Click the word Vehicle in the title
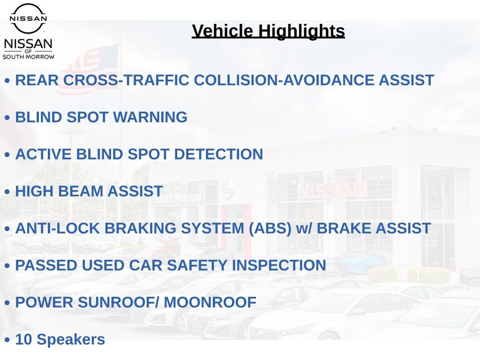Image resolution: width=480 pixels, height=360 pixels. (x=223, y=31)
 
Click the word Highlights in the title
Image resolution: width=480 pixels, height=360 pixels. (x=301, y=31)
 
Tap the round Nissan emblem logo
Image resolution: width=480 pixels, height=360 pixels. (x=28, y=18)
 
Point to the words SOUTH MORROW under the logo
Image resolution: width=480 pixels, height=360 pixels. (x=29, y=57)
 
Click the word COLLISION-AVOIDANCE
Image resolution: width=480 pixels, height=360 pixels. (x=284, y=80)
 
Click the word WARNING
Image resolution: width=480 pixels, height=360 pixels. (x=150, y=117)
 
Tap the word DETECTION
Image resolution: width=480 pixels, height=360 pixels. (x=218, y=154)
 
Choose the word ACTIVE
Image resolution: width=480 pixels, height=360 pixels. (x=43, y=154)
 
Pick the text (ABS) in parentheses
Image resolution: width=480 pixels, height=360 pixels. (x=270, y=228)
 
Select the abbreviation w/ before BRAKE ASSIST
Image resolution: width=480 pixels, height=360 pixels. (x=304, y=228)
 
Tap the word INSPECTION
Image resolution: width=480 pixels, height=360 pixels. (x=279, y=265)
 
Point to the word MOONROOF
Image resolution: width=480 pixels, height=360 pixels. (x=210, y=302)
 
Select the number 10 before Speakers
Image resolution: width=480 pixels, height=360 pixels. (x=23, y=339)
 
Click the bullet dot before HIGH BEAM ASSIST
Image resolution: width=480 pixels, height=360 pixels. (x=7, y=192)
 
